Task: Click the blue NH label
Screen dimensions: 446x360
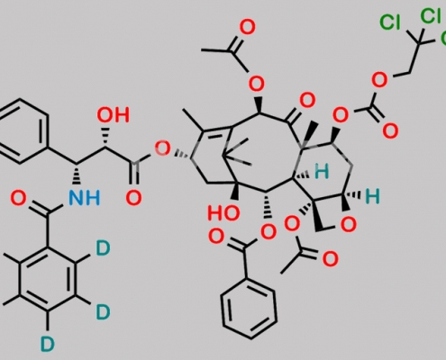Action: [x=84, y=198]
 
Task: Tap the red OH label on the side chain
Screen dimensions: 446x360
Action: [x=114, y=115]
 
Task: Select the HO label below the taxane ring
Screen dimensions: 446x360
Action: [x=223, y=213]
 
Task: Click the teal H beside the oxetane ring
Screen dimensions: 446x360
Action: [x=372, y=196]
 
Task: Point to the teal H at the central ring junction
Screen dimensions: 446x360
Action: [x=322, y=172]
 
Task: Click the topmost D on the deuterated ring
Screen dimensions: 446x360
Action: [x=103, y=248]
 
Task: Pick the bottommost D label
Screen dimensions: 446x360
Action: [x=48, y=344]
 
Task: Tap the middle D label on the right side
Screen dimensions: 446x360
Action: [x=103, y=311]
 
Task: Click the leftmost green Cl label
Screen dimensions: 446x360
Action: [x=390, y=22]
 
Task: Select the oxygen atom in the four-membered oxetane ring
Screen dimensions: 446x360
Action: [x=349, y=224]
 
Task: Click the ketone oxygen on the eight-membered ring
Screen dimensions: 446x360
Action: [x=307, y=100]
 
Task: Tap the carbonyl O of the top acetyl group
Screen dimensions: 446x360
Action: [x=247, y=27]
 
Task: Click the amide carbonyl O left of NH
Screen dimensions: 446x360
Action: [x=18, y=198]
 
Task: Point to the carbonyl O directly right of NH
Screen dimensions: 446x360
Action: [x=133, y=198]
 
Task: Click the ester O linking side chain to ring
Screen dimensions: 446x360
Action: [x=162, y=148]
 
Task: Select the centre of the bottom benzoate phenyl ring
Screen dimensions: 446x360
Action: [x=249, y=310]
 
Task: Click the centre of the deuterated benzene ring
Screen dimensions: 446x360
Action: [x=48, y=280]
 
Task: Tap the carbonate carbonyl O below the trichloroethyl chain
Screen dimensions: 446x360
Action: [x=390, y=131]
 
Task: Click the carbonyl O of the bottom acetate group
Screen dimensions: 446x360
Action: [x=330, y=259]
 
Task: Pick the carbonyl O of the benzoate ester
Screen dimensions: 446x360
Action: [x=215, y=236]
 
